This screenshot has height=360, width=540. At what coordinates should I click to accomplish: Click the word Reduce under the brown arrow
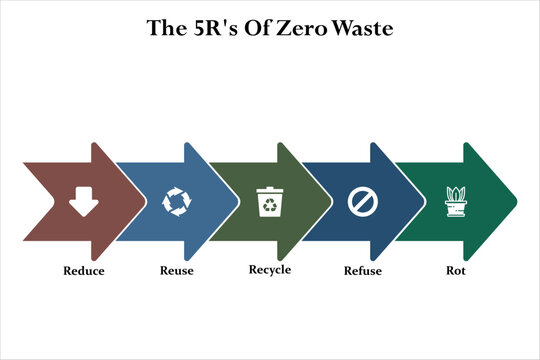pyautogui.click(x=83, y=270)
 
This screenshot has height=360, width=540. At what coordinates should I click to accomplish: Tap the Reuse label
pyautogui.click(x=176, y=270)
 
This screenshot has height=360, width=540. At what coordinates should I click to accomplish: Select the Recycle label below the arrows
pyautogui.click(x=269, y=270)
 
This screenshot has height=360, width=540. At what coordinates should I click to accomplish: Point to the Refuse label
pyautogui.click(x=362, y=270)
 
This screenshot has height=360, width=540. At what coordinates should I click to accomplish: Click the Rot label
pyautogui.click(x=456, y=270)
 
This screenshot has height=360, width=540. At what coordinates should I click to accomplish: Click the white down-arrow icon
pyautogui.click(x=82, y=202)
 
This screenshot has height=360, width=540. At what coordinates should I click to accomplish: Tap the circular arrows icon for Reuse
pyautogui.click(x=176, y=202)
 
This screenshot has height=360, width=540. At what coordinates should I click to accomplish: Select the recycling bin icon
pyautogui.click(x=269, y=203)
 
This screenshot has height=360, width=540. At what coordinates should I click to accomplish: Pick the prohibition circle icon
pyautogui.click(x=362, y=202)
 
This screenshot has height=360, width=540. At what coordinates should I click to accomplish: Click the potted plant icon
pyautogui.click(x=456, y=202)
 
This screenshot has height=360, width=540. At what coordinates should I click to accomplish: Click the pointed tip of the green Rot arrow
pyautogui.click(x=515, y=201)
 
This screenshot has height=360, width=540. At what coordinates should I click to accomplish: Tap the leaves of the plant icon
pyautogui.click(x=456, y=193)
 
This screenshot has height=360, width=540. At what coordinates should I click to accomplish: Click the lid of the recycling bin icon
pyautogui.click(x=269, y=190)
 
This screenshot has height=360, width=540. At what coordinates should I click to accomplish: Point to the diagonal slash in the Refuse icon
pyautogui.click(x=362, y=202)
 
